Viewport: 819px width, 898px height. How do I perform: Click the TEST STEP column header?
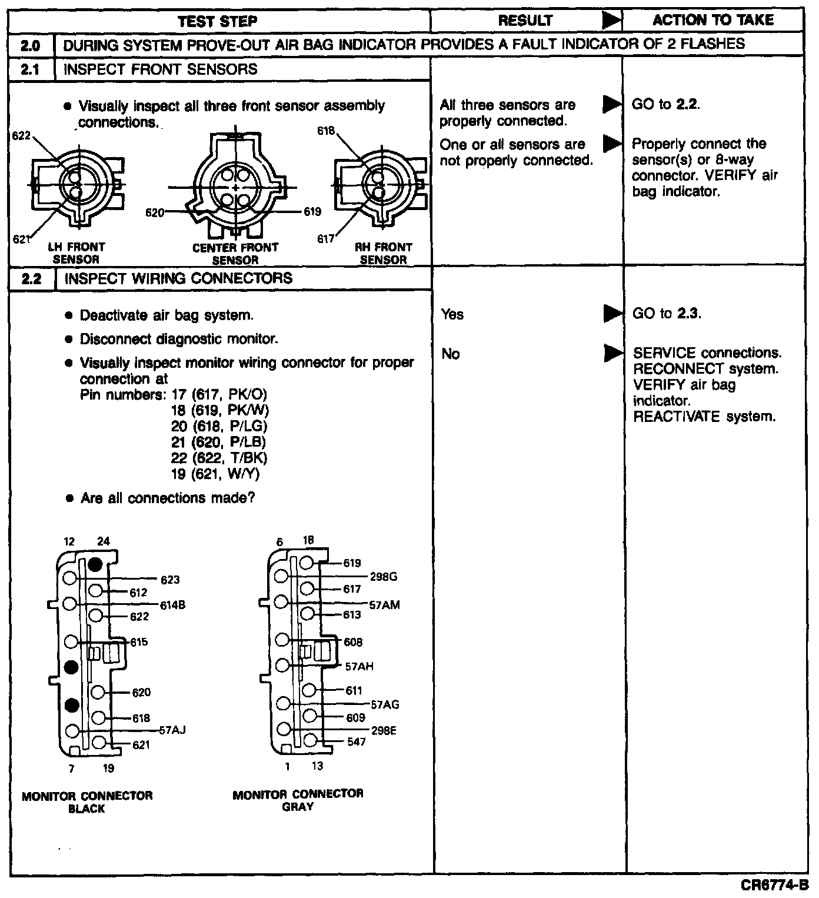pyautogui.click(x=218, y=21)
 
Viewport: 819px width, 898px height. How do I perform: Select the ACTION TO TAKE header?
pyautogui.click(x=713, y=20)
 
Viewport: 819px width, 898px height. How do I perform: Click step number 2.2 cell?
pyautogui.click(x=31, y=278)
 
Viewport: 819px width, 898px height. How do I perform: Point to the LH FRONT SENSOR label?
pyautogui.click(x=76, y=253)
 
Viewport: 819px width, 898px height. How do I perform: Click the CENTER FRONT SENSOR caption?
pyautogui.click(x=235, y=254)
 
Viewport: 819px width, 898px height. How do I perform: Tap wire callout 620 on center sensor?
pyautogui.click(x=155, y=212)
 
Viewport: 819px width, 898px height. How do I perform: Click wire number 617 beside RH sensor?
pyautogui.click(x=326, y=239)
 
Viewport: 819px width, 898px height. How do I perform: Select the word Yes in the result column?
pyautogui.click(x=452, y=314)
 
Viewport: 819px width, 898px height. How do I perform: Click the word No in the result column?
pyautogui.click(x=450, y=354)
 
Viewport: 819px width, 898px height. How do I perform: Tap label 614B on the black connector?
pyautogui.click(x=173, y=605)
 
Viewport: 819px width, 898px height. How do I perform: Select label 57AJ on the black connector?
pyautogui.click(x=172, y=730)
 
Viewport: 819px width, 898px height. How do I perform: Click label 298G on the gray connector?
pyautogui.click(x=383, y=577)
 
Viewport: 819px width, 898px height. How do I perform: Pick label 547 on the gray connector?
pyautogui.click(x=356, y=741)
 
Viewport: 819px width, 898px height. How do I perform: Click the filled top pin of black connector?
pyautogui.click(x=95, y=564)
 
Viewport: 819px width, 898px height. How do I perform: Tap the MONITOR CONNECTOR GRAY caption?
pyautogui.click(x=298, y=800)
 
